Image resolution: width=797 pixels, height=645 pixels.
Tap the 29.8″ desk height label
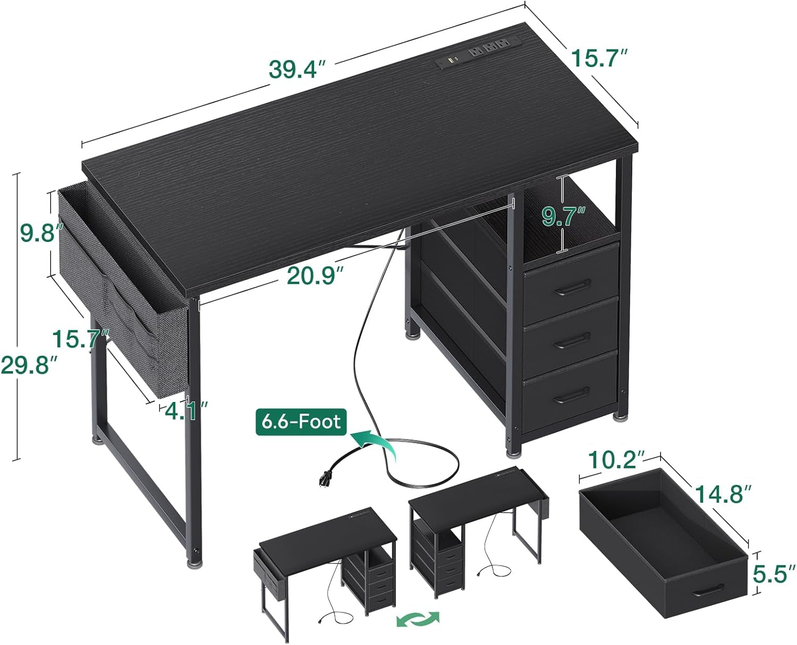click(30, 365)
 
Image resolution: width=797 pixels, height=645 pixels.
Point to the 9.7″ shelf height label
click(564, 217)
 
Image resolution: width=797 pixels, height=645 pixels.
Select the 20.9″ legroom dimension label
click(315, 277)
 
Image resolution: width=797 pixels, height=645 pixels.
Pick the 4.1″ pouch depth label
click(186, 411)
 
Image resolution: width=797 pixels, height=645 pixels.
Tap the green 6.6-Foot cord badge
click(301, 422)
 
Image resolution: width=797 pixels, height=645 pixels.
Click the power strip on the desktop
click(479, 53)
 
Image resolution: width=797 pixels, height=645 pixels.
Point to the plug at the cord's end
click(325, 478)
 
